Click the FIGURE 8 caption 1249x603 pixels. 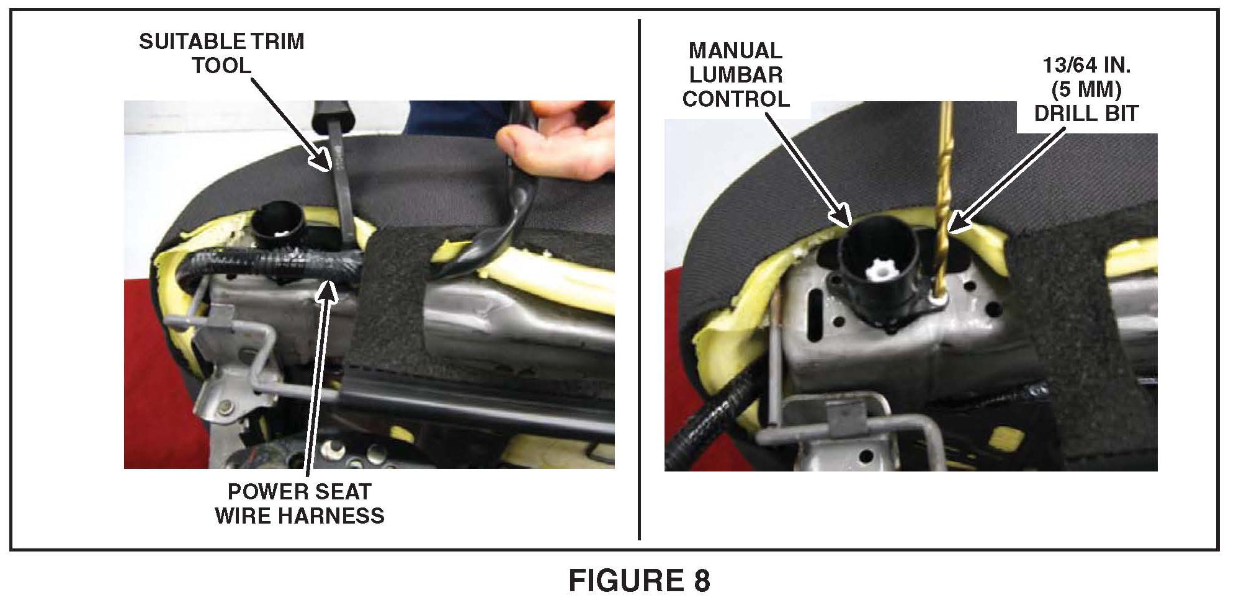click(639, 581)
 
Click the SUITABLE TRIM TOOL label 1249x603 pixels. click(222, 53)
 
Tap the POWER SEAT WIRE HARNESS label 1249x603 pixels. click(300, 503)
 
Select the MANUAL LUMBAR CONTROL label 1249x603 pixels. click(736, 74)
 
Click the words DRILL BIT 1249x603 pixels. click(1086, 114)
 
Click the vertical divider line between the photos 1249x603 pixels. click(639, 279)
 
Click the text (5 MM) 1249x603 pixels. click(1086, 90)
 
